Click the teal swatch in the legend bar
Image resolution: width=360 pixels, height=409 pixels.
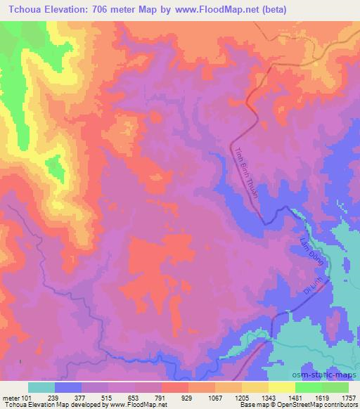point(42,387)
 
